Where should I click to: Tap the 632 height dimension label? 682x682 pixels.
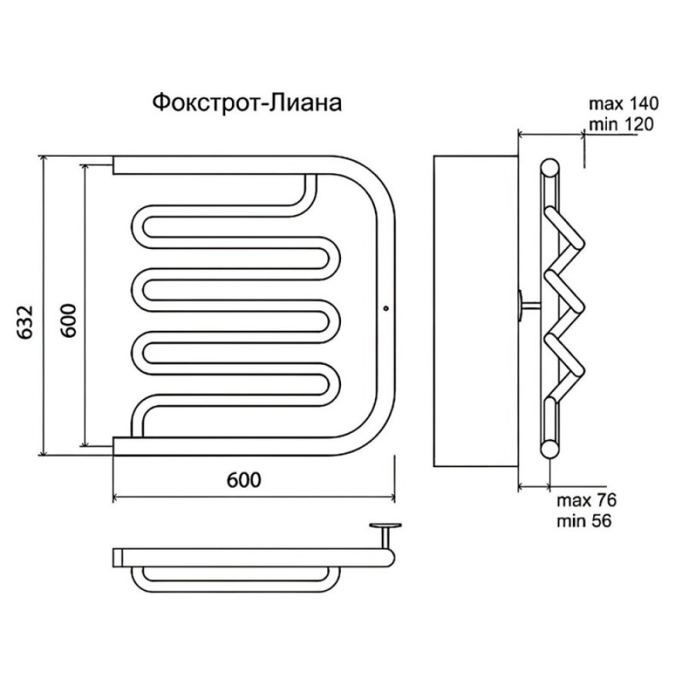pos(26,323)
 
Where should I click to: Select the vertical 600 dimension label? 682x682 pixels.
pos(68,321)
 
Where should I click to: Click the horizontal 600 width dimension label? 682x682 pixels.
pos(244,480)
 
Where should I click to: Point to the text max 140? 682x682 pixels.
pos(624,104)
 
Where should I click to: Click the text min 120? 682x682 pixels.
pos(621,124)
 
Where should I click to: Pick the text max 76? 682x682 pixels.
pos(587,500)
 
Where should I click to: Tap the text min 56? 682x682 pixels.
pos(584,521)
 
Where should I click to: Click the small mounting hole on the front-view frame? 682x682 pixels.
pos(386,309)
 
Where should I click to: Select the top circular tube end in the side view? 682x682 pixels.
pos(550,168)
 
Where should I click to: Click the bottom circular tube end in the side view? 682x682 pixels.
pos(550,449)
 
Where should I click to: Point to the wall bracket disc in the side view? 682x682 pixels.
pos(520,307)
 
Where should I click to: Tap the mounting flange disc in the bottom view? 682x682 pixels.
pos(385,526)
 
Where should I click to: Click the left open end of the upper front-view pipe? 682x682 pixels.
pos(113,165)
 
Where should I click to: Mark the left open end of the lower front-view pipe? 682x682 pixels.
pos(113,446)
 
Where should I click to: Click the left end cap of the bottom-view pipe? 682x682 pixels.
pos(118,558)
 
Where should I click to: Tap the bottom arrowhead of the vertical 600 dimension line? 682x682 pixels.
pos(84,441)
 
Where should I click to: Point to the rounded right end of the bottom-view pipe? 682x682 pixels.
pos(390,558)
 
